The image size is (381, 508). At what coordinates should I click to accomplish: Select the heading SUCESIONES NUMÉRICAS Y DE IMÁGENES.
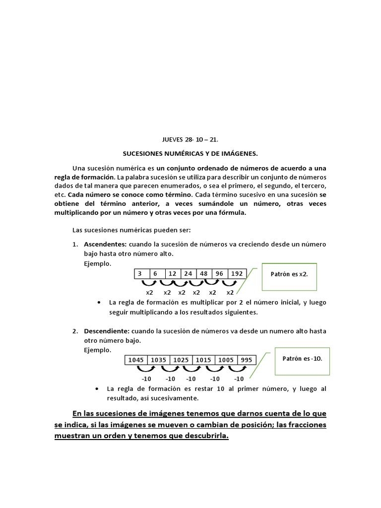pos(190,154)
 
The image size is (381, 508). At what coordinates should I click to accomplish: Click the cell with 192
pos(237,274)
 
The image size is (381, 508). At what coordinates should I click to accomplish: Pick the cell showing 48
pos(203,274)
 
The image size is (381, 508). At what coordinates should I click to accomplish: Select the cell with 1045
pos(136,360)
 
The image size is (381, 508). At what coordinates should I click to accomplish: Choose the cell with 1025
pos(181,360)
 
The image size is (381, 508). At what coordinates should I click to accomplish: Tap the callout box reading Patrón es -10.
pos(302,358)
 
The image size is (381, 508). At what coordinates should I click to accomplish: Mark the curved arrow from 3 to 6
pos(149,283)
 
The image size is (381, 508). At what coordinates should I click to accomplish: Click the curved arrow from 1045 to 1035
pos(146,369)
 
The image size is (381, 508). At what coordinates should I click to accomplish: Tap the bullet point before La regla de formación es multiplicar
pos(100,303)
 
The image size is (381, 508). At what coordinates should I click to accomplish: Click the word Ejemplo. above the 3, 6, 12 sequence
pos(98,263)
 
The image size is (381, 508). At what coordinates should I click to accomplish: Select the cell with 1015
pos(203,360)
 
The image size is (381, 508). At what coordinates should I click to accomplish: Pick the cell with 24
pos(188,274)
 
